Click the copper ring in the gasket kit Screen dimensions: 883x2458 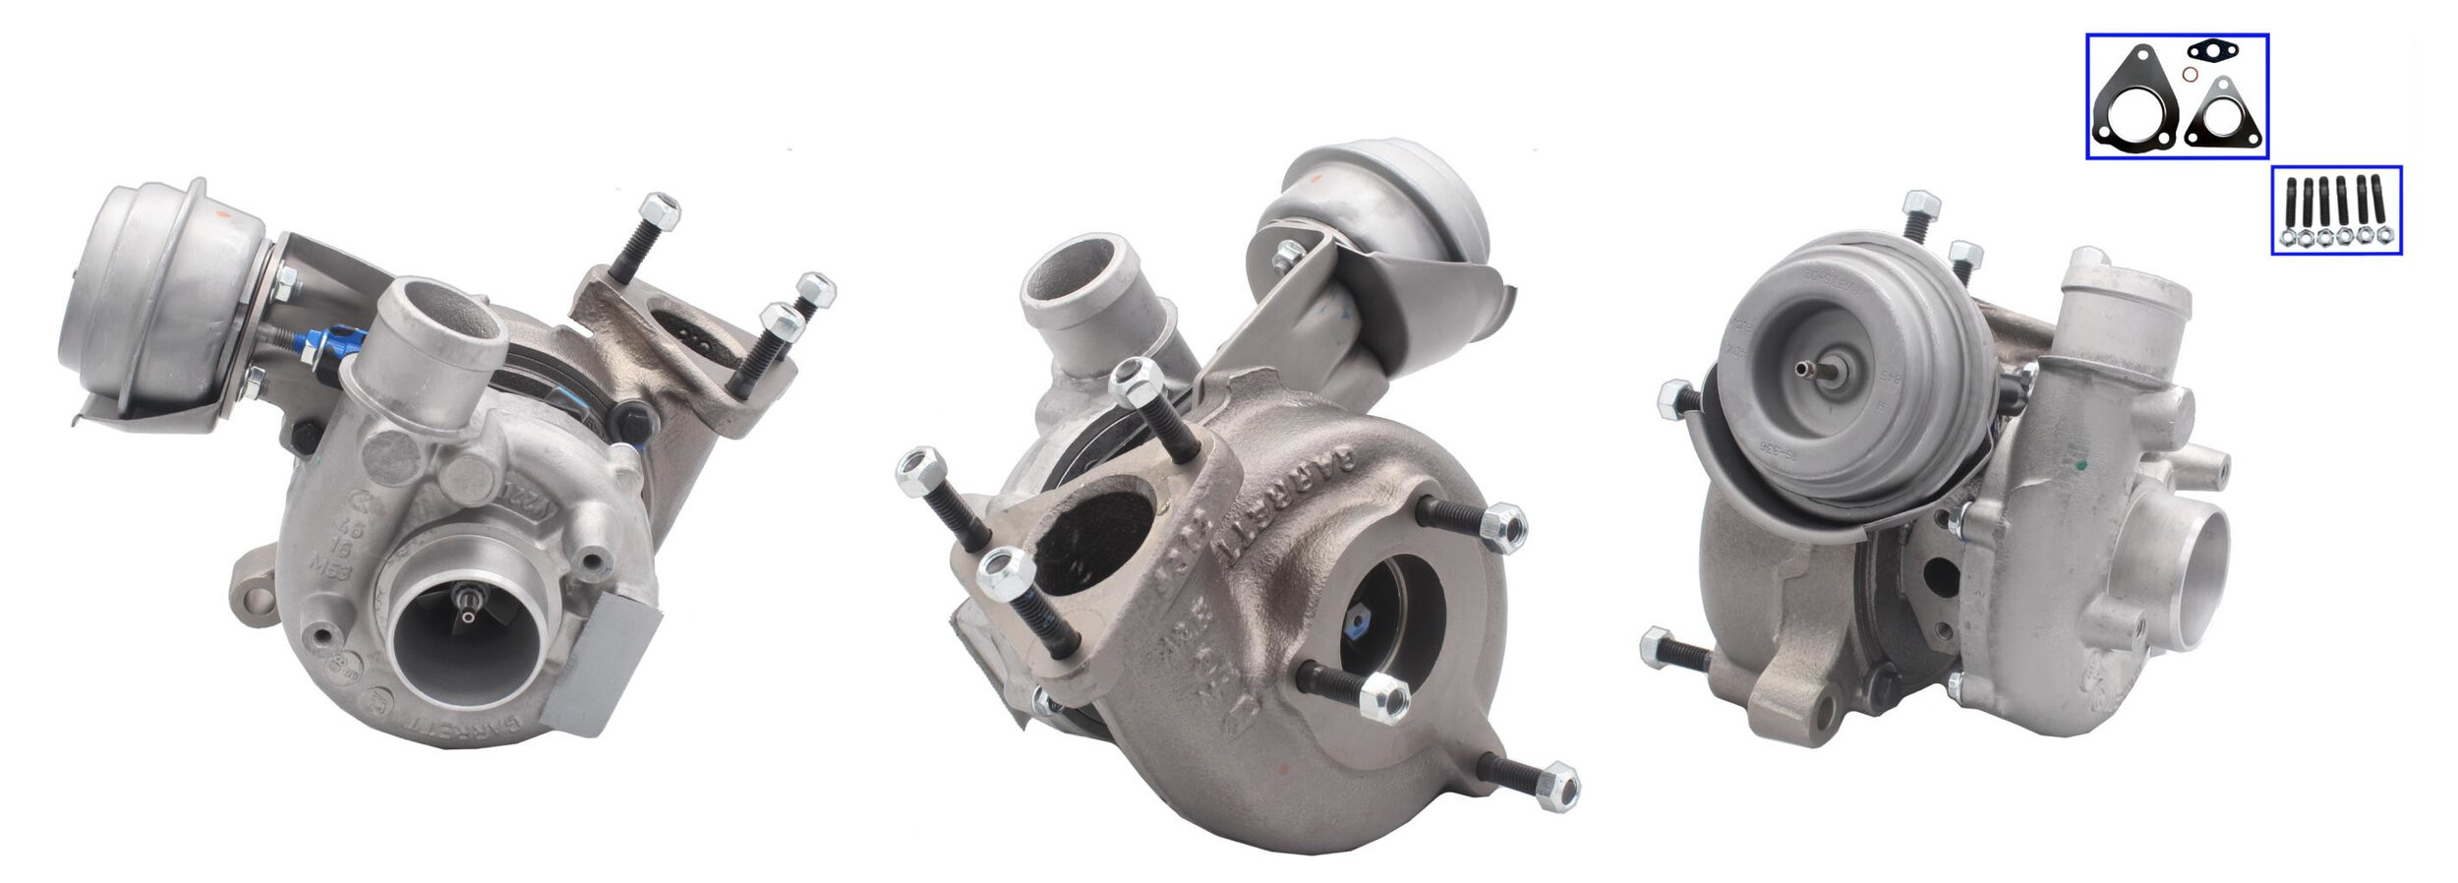(2190, 75)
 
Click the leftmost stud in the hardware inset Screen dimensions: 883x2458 (2290, 203)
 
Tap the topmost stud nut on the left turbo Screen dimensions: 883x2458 (660, 210)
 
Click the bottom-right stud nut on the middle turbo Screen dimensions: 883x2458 (1556, 787)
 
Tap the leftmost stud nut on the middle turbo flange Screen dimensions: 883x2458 (918, 469)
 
